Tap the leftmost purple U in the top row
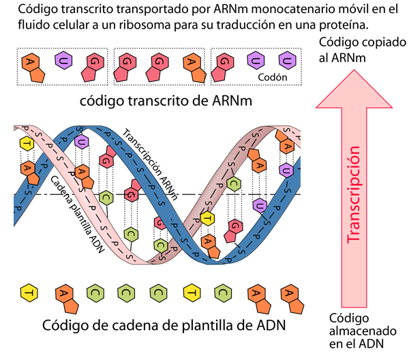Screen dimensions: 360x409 click(63, 59)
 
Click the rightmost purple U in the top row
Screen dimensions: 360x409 click(287, 59)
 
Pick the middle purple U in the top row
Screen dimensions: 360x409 click(255, 60)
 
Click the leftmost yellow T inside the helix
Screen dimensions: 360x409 click(26, 144)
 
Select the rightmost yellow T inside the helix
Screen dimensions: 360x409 click(207, 218)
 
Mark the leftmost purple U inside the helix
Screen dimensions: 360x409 click(81, 142)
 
